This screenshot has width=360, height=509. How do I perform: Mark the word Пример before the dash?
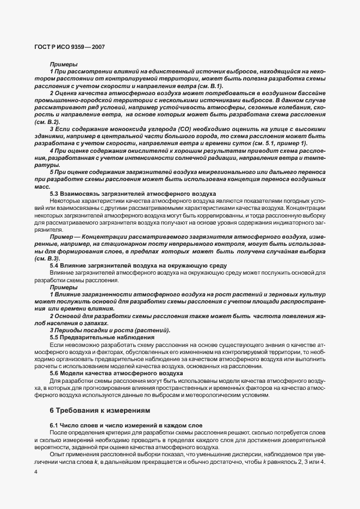[x=61, y=237]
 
